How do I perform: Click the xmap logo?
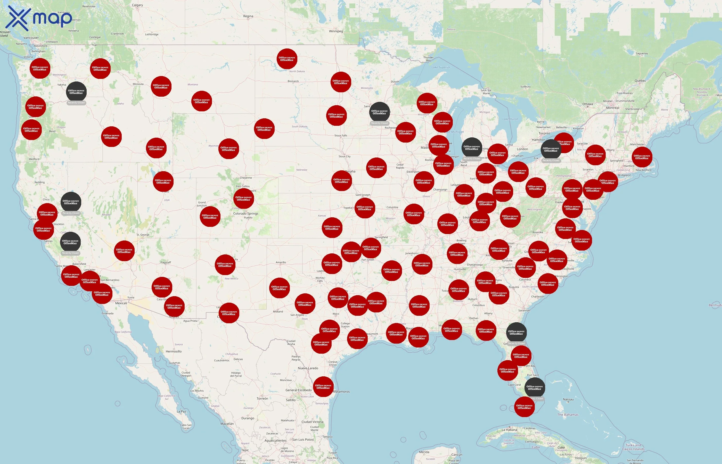[39, 19]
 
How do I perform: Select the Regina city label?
[248, 16]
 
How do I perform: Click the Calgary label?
[137, 5]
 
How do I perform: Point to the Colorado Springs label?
[245, 214]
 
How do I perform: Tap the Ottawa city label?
[587, 104]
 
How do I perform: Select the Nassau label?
[568, 400]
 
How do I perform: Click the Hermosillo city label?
[174, 351]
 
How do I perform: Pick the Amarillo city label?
[281, 262]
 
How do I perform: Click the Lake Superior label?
[441, 68]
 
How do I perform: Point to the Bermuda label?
[715, 305]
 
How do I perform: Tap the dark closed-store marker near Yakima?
[76, 92]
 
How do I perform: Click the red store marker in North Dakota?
[287, 59]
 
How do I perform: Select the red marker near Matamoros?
[323, 387]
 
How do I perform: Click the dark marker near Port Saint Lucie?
[534, 387]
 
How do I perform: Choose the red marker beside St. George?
[124, 251]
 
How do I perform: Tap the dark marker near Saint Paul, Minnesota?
[379, 112]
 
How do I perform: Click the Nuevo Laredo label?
[308, 368]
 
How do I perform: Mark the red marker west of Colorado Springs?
[210, 216]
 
